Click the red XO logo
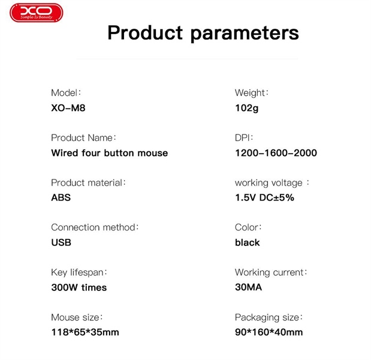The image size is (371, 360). coord(36,13)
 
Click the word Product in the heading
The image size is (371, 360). coord(145,32)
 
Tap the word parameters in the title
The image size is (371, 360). coord(245,34)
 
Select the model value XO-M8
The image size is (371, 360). coord(68,108)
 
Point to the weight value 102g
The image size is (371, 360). coord(246,108)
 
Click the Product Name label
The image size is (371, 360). coord(83,137)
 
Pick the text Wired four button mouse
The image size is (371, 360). coord(110,153)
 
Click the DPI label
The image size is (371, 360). coord(244,137)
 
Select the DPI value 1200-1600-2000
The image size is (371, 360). coord(276,153)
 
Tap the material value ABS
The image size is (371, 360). coord(61,197)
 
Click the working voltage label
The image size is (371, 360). coord(272,183)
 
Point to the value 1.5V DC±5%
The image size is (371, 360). coord(264,197)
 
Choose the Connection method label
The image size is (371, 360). coord(95,227)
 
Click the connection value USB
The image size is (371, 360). coord(61,242)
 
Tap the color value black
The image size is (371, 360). coord(248,242)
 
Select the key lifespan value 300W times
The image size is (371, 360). coord(79,287)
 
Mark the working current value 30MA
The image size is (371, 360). coord(249,287)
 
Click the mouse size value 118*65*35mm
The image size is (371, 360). coord(85,332)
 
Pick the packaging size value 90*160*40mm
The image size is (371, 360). coord(269,332)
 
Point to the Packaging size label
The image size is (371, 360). coord(269,317)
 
